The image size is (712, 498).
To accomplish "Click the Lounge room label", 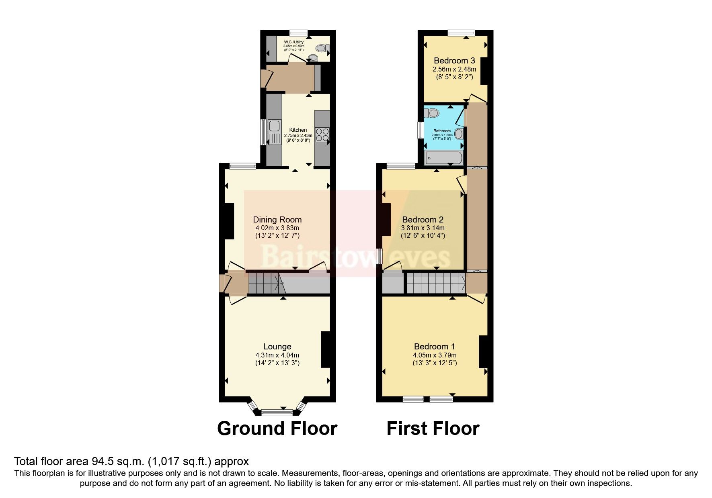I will click(277, 347).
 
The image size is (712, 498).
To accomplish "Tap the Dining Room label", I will click(277, 220).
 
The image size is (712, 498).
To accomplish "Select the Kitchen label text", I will click(298, 130).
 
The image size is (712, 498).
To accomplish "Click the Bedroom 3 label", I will click(454, 61).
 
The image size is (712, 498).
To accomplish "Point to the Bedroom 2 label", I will click(423, 220).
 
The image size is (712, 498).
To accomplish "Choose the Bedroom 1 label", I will click(434, 347).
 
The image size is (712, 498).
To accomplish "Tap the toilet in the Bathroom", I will click(433, 113).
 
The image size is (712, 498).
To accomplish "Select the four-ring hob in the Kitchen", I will click(322, 135).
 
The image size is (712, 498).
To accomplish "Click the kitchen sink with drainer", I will click(275, 133).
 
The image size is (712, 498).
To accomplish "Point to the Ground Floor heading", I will click(277, 429).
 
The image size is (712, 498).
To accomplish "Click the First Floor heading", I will click(433, 429).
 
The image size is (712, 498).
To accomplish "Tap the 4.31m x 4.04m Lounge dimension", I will click(277, 355).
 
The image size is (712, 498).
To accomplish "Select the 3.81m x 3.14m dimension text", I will click(423, 228).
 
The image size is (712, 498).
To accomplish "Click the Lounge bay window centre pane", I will click(277, 412).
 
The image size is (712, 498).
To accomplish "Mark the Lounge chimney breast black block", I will click(325, 349).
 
